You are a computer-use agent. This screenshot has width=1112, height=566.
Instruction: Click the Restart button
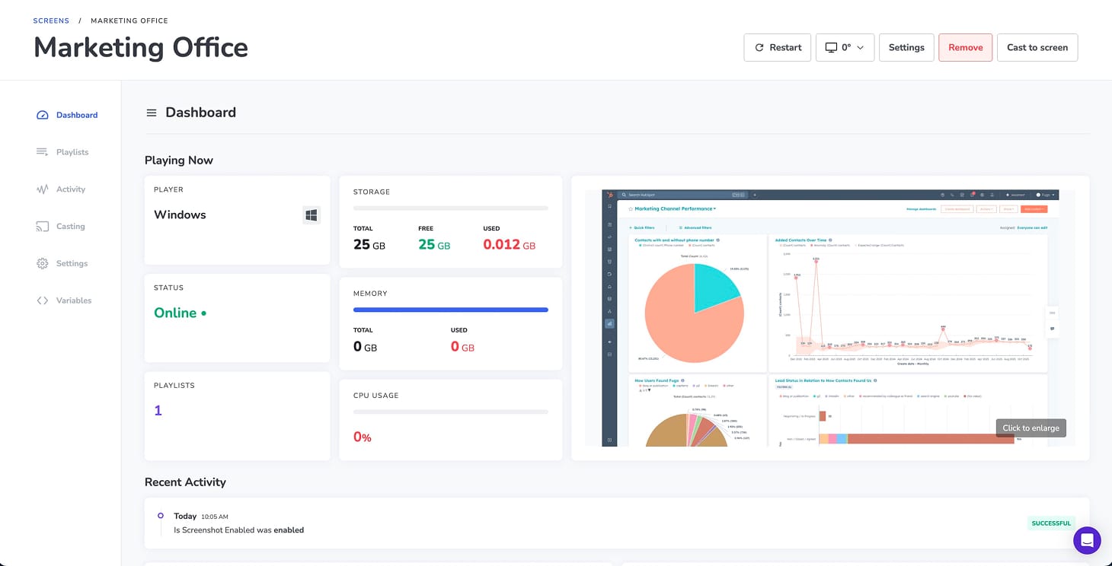pos(777,47)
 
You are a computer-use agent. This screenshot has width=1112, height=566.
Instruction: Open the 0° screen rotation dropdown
pos(845,47)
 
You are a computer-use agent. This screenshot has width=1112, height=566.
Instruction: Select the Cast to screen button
pos(1037,47)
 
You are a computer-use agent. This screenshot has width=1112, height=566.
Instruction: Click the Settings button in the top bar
pos(906,47)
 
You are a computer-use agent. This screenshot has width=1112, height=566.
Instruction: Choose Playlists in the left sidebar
pos(72,152)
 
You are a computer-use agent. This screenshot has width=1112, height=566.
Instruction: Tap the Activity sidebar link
pos(70,189)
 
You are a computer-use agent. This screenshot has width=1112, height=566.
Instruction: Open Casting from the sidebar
pos(70,227)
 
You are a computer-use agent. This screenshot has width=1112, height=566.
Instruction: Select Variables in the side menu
pos(73,300)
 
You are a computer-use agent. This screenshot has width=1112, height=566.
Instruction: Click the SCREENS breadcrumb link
pos(51,21)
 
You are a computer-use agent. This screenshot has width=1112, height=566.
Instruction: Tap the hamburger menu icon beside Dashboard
pos(152,113)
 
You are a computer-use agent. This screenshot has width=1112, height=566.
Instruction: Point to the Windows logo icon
pos(312,215)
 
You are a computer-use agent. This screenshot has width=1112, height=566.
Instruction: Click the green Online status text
pos(176,313)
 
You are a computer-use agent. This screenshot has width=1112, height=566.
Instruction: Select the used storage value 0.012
pos(502,244)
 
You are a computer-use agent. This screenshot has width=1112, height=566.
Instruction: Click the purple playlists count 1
pos(158,411)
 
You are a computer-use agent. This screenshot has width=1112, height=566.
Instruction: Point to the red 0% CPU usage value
pos(362,437)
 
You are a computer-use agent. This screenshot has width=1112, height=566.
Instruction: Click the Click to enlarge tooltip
pos(1031,428)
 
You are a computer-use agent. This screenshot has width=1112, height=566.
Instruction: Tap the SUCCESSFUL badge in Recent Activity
pos(1051,523)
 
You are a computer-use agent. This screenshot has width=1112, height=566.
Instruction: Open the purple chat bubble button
pos(1087,541)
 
